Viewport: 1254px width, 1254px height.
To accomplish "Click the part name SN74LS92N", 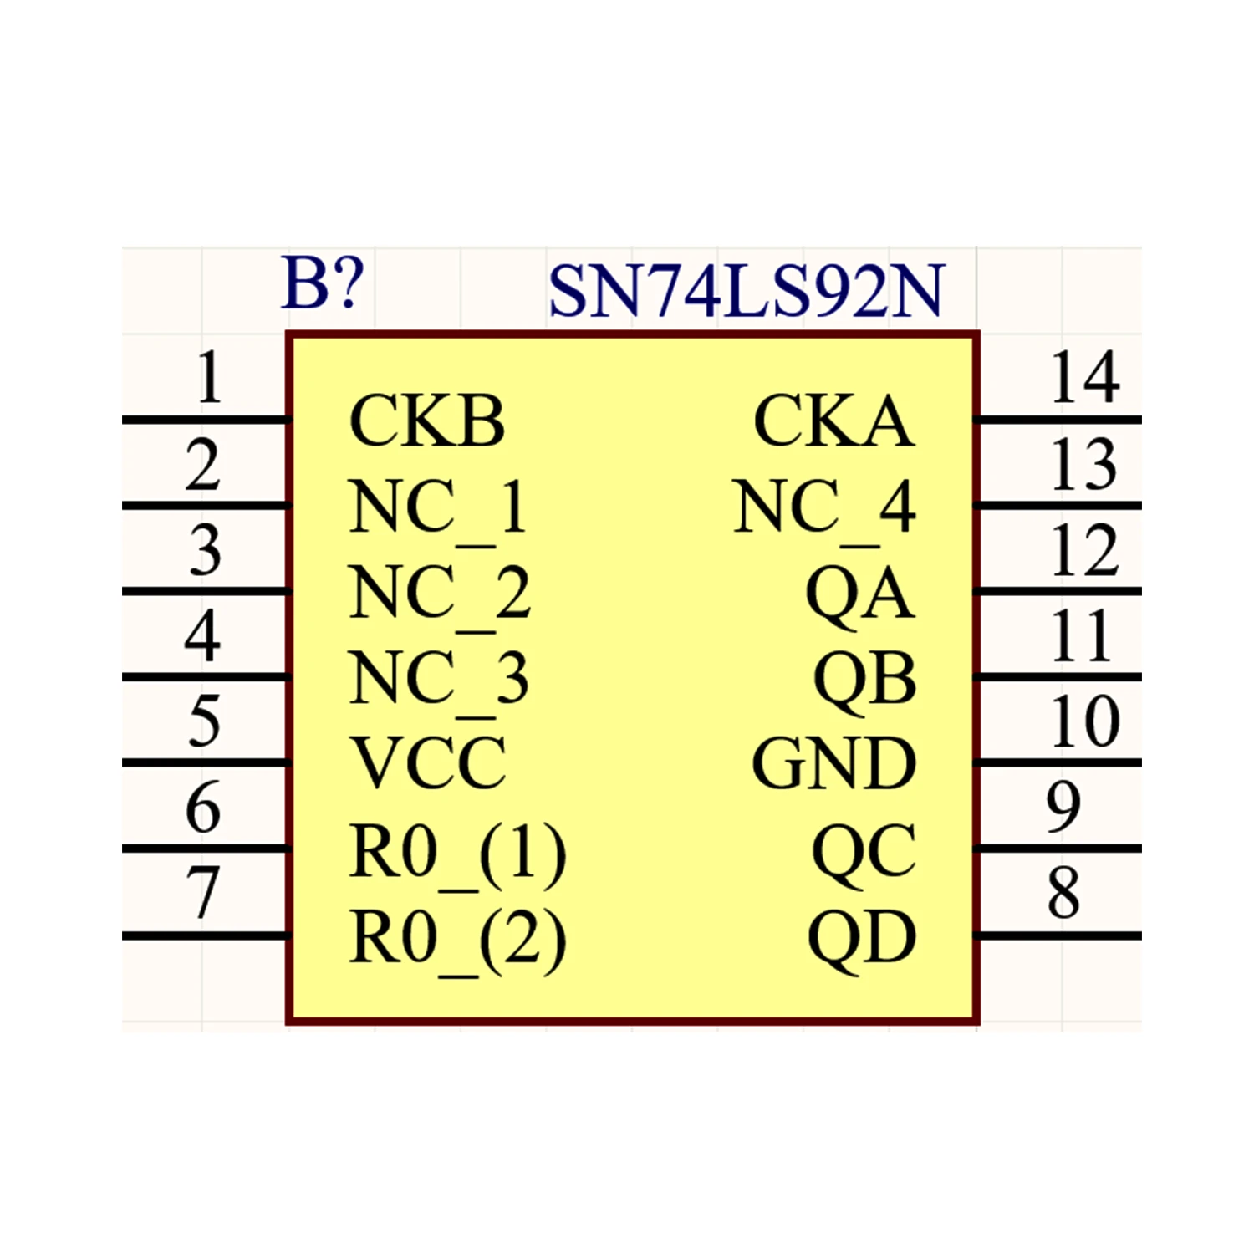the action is [x=746, y=290].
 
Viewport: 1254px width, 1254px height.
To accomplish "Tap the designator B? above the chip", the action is [x=323, y=283].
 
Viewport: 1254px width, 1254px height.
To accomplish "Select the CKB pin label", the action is [x=427, y=421].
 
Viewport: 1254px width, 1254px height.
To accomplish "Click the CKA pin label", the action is [x=833, y=421].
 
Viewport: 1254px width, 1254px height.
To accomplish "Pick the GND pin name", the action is [x=833, y=763].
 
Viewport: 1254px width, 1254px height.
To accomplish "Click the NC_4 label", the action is [x=824, y=509].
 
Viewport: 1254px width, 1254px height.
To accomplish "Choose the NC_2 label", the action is [x=440, y=595].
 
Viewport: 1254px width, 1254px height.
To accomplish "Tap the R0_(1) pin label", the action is [x=458, y=854].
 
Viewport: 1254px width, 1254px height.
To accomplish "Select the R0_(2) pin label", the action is [x=458, y=941].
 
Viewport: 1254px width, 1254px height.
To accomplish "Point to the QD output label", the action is [x=862, y=939].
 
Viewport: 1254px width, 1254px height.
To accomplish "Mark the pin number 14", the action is [x=1084, y=378].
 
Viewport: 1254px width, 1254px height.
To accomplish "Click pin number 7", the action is [x=204, y=892].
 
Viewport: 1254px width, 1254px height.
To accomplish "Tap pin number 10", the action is [x=1085, y=721].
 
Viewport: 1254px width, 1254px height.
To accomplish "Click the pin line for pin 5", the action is [x=206, y=763].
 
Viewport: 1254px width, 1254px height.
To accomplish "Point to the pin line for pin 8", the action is [x=1058, y=935].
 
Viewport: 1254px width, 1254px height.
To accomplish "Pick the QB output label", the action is [x=864, y=680].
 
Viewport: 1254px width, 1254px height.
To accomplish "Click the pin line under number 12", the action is [x=1058, y=592].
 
